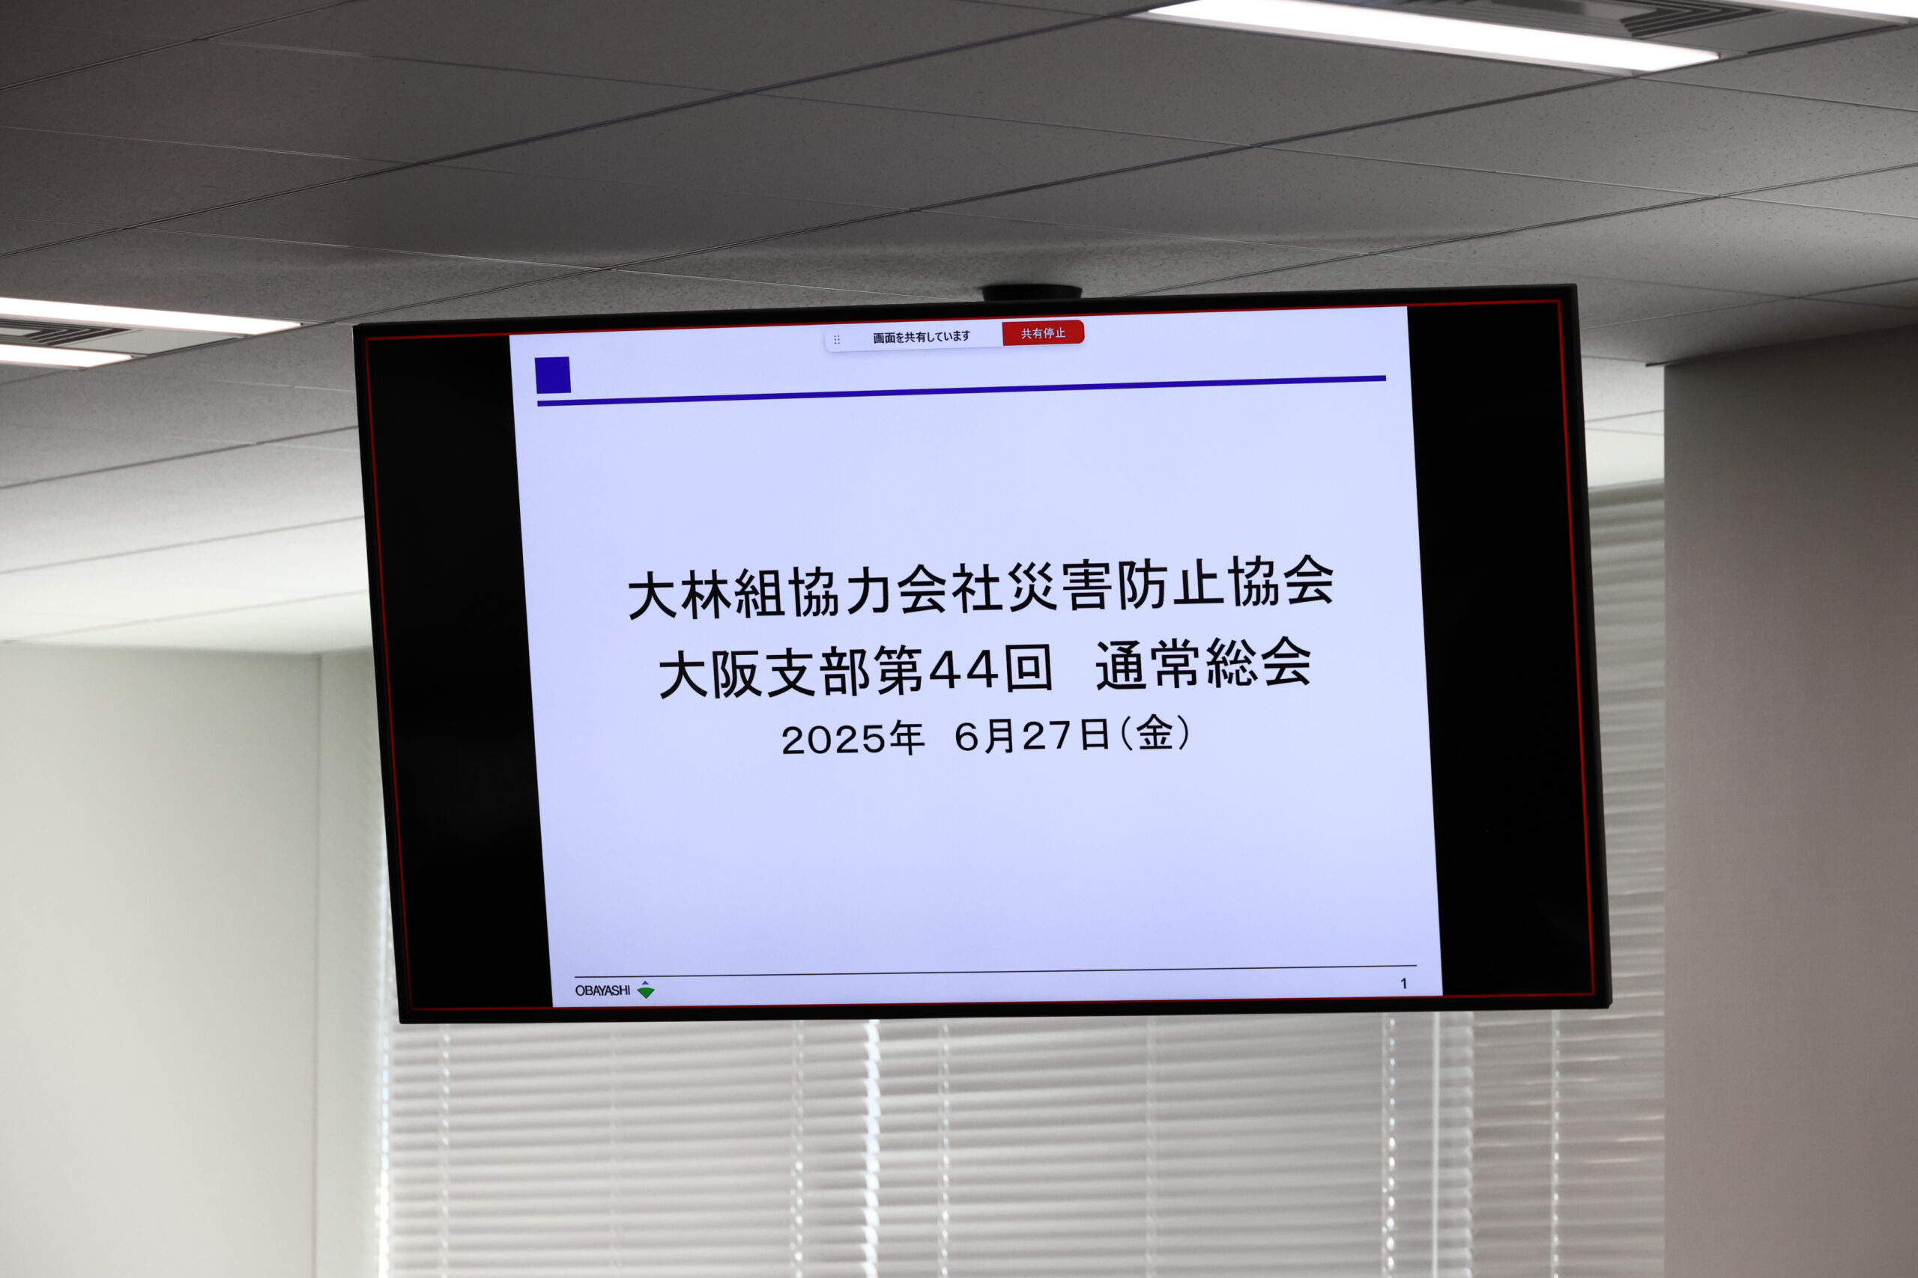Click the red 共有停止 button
pos(1043,332)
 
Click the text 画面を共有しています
pos(922,337)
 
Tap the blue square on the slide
pos(552,375)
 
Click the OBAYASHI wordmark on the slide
pos(602,991)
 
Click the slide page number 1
pos(1403,984)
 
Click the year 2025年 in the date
pos(852,738)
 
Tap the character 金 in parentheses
pos(1155,733)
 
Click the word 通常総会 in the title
pos(1204,663)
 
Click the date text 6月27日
pos(1032,735)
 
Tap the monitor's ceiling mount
pos(1032,292)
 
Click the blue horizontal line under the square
pos(961,390)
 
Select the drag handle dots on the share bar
pos(837,340)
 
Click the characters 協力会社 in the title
pos(897,590)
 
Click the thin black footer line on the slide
pos(996,971)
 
